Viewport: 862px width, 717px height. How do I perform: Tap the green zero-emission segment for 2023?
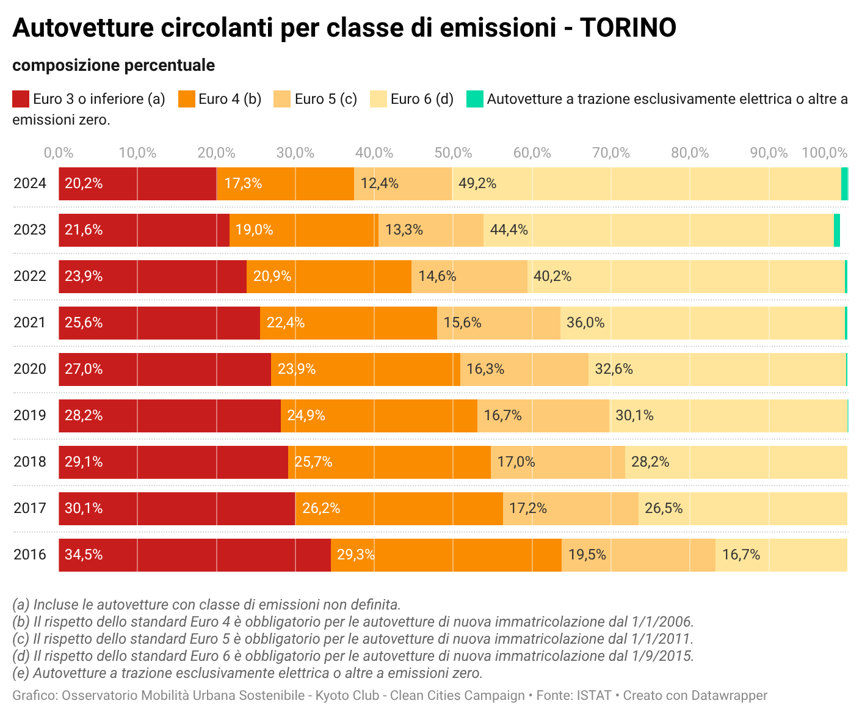coord(837,230)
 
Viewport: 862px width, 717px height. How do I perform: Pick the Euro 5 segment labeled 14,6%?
coord(469,277)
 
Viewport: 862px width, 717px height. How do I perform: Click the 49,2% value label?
coord(477,184)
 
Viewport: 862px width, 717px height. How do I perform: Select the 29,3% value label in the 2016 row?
coord(356,555)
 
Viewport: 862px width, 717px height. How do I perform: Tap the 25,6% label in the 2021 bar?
coord(84,323)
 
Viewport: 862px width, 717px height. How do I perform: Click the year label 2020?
coord(30,369)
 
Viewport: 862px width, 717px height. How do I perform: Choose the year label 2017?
coord(30,509)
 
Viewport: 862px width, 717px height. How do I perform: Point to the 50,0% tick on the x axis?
coord(453,153)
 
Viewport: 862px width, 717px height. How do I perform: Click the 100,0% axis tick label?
coord(824,153)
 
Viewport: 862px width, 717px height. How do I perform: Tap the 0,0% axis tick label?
coord(59,153)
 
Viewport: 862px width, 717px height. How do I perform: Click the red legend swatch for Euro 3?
coord(21,99)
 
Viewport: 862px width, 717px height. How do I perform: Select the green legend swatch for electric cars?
coord(474,99)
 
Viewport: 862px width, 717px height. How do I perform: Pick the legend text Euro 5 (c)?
coord(325,99)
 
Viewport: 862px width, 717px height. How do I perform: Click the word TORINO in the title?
coord(628,28)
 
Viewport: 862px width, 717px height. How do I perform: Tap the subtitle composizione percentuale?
coord(114,65)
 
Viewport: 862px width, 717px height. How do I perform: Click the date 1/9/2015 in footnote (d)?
coord(662,657)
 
